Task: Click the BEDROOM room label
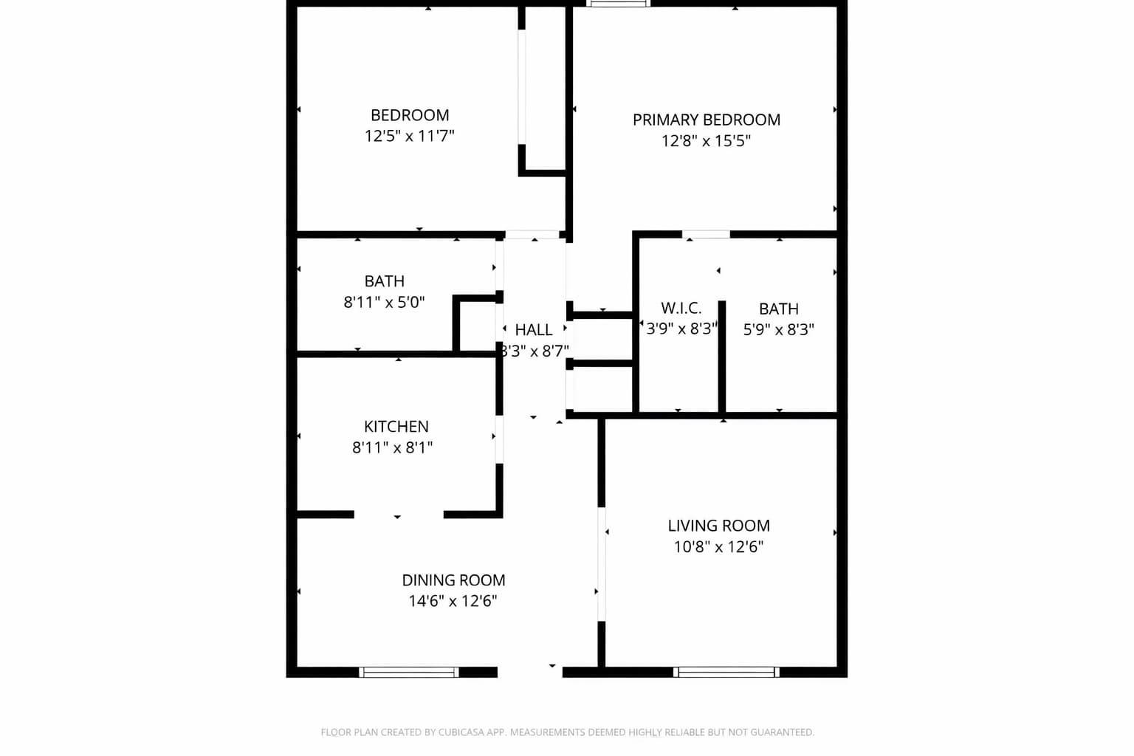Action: coord(410,115)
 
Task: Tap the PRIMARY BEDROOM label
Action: coord(706,120)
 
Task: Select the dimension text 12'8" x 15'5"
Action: coord(706,140)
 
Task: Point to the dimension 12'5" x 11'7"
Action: coord(409,136)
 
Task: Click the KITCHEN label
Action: coord(396,427)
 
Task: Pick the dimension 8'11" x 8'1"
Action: coord(392,447)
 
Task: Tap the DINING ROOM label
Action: coord(453,580)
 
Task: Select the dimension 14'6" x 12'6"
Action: coord(453,601)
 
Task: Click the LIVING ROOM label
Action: coord(718,526)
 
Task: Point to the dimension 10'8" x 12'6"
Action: coord(718,546)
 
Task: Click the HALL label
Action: coord(533,330)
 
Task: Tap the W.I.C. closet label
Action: coord(681,309)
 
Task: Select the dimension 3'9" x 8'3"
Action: coord(681,329)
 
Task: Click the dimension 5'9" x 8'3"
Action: coord(778,329)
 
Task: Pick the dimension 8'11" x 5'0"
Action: coord(384,302)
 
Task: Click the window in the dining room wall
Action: coord(408,672)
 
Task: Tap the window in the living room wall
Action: coord(726,672)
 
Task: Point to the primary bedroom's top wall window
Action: coord(619,4)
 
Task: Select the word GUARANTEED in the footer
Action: coord(782,732)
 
